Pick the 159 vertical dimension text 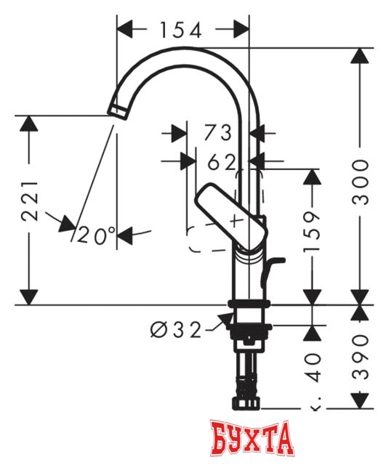click(313, 231)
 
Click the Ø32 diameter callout click(175, 329)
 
